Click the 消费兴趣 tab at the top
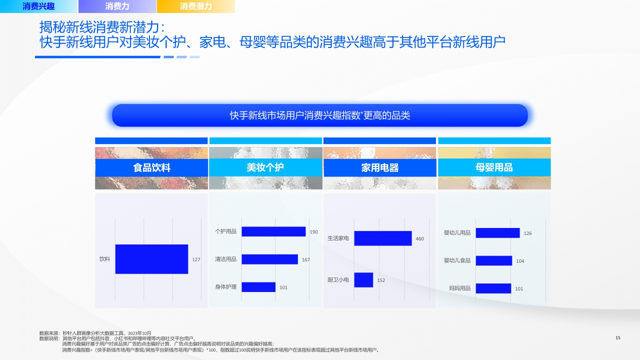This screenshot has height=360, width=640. click(38, 6)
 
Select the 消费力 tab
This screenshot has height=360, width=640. click(117, 6)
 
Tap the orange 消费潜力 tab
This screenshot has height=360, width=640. click(195, 6)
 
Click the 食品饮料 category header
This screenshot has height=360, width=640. click(151, 168)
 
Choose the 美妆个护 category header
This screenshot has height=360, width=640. click(265, 167)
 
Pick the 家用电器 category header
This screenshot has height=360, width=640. click(379, 168)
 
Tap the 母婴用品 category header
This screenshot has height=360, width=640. click(494, 167)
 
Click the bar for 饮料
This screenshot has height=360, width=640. click(151, 259)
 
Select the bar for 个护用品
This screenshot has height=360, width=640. click(273, 231)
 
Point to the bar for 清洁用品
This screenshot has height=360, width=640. click(269, 259)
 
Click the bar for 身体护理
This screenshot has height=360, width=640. click(258, 287)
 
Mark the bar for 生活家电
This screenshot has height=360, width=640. click(382, 238)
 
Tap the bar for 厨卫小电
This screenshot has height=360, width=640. click(363, 280)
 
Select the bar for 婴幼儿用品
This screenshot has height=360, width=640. click(497, 233)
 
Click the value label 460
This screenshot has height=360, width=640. click(419, 239)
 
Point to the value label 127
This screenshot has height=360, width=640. click(196, 259)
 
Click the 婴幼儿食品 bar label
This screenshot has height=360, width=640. click(457, 260)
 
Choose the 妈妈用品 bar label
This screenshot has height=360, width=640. click(459, 288)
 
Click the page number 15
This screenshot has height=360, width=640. click(617, 338)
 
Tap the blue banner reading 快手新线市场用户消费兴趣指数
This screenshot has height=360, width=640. click(320, 115)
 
